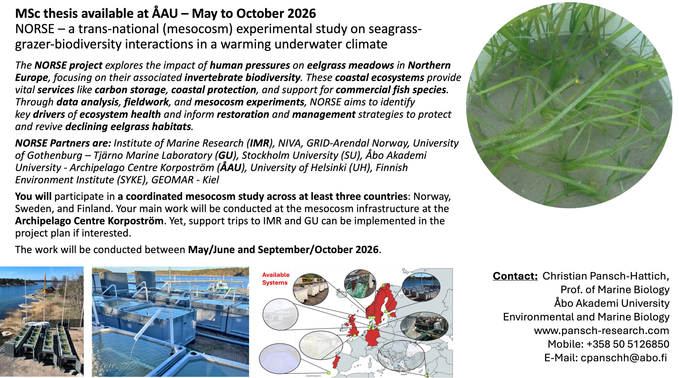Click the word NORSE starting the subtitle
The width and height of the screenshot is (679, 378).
35,29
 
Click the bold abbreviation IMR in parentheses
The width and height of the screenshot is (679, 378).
260,143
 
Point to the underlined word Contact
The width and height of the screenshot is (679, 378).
515,276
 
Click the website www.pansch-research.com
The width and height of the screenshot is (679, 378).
602,330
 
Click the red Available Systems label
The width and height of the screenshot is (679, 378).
276,279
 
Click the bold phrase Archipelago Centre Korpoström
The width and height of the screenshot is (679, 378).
89,221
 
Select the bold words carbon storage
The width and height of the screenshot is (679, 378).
130,90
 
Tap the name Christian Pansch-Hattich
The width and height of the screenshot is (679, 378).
606,276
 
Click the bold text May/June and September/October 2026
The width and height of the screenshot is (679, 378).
283,250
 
